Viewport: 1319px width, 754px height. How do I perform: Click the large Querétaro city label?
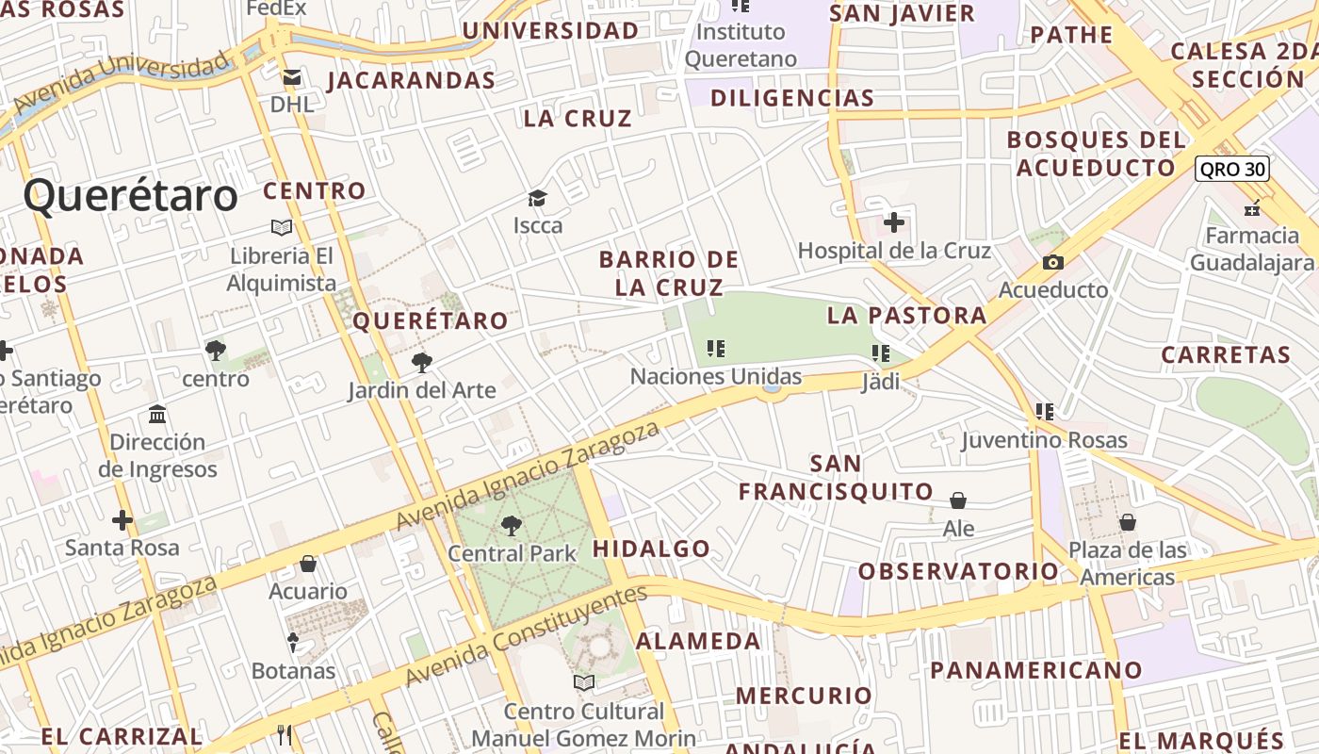coord(131,197)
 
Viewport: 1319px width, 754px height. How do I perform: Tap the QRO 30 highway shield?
coord(1231,170)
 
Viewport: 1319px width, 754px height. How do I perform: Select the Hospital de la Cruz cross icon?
coord(894,223)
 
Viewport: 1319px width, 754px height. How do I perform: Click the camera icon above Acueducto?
coord(1053,263)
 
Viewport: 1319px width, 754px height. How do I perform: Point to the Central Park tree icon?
coord(512,526)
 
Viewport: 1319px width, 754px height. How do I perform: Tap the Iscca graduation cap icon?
coord(537,199)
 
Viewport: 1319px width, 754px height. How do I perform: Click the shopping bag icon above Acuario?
coord(308,565)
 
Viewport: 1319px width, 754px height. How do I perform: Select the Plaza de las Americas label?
coord(1128,563)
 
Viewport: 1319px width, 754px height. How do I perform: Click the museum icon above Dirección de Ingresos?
coord(157,415)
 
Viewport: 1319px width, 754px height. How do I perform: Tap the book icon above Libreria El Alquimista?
coord(281,227)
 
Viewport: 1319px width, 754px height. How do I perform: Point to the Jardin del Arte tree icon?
coord(422,362)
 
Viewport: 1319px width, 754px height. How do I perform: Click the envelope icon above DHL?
coord(292,77)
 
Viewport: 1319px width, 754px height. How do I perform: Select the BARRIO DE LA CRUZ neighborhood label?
coord(669,272)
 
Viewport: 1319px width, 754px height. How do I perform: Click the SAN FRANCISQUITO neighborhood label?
coord(835,478)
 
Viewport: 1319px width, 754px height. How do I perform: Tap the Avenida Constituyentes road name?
coord(527,635)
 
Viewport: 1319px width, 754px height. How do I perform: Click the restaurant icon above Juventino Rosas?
coord(1044,412)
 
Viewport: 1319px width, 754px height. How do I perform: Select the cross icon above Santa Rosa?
coord(122,520)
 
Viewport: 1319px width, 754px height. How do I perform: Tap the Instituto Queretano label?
coord(741,45)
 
